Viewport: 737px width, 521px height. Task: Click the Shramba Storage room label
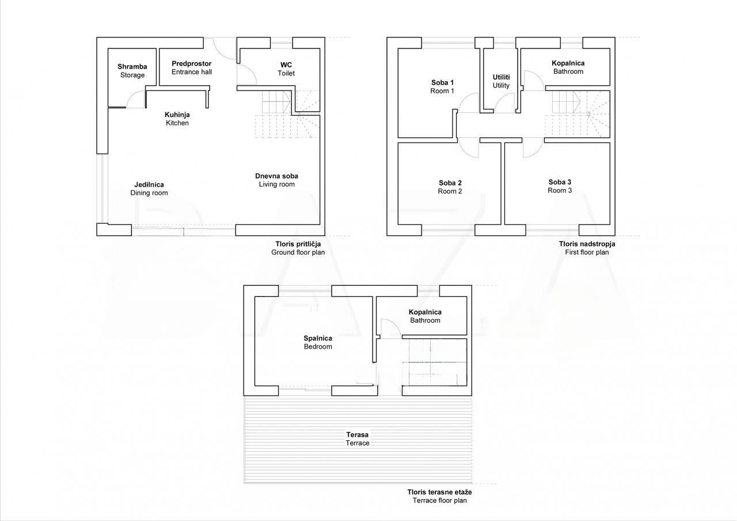pos(132,71)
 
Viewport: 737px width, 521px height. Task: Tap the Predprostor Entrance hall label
pos(192,68)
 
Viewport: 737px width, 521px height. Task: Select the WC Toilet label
pos(286,69)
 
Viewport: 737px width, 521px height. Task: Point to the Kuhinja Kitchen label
pos(177,119)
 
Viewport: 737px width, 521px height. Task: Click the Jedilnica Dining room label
pos(149,188)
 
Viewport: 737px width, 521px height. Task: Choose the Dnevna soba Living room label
pos(277,180)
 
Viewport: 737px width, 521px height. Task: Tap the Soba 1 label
pos(442,86)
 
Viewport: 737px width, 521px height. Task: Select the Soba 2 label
pos(450,187)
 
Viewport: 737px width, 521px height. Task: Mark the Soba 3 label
pos(560,186)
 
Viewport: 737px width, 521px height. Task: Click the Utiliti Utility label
pos(501,81)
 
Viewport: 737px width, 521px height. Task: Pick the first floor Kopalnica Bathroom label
pos(568,67)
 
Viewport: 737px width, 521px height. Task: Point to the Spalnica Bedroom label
pos(318,342)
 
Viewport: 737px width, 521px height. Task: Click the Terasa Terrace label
pos(358,439)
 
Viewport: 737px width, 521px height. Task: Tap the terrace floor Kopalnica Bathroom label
pos(425,316)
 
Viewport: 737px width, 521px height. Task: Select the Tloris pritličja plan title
pos(298,248)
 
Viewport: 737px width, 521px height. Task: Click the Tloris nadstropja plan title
pos(587,248)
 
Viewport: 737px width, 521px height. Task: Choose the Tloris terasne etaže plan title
pos(439,496)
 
